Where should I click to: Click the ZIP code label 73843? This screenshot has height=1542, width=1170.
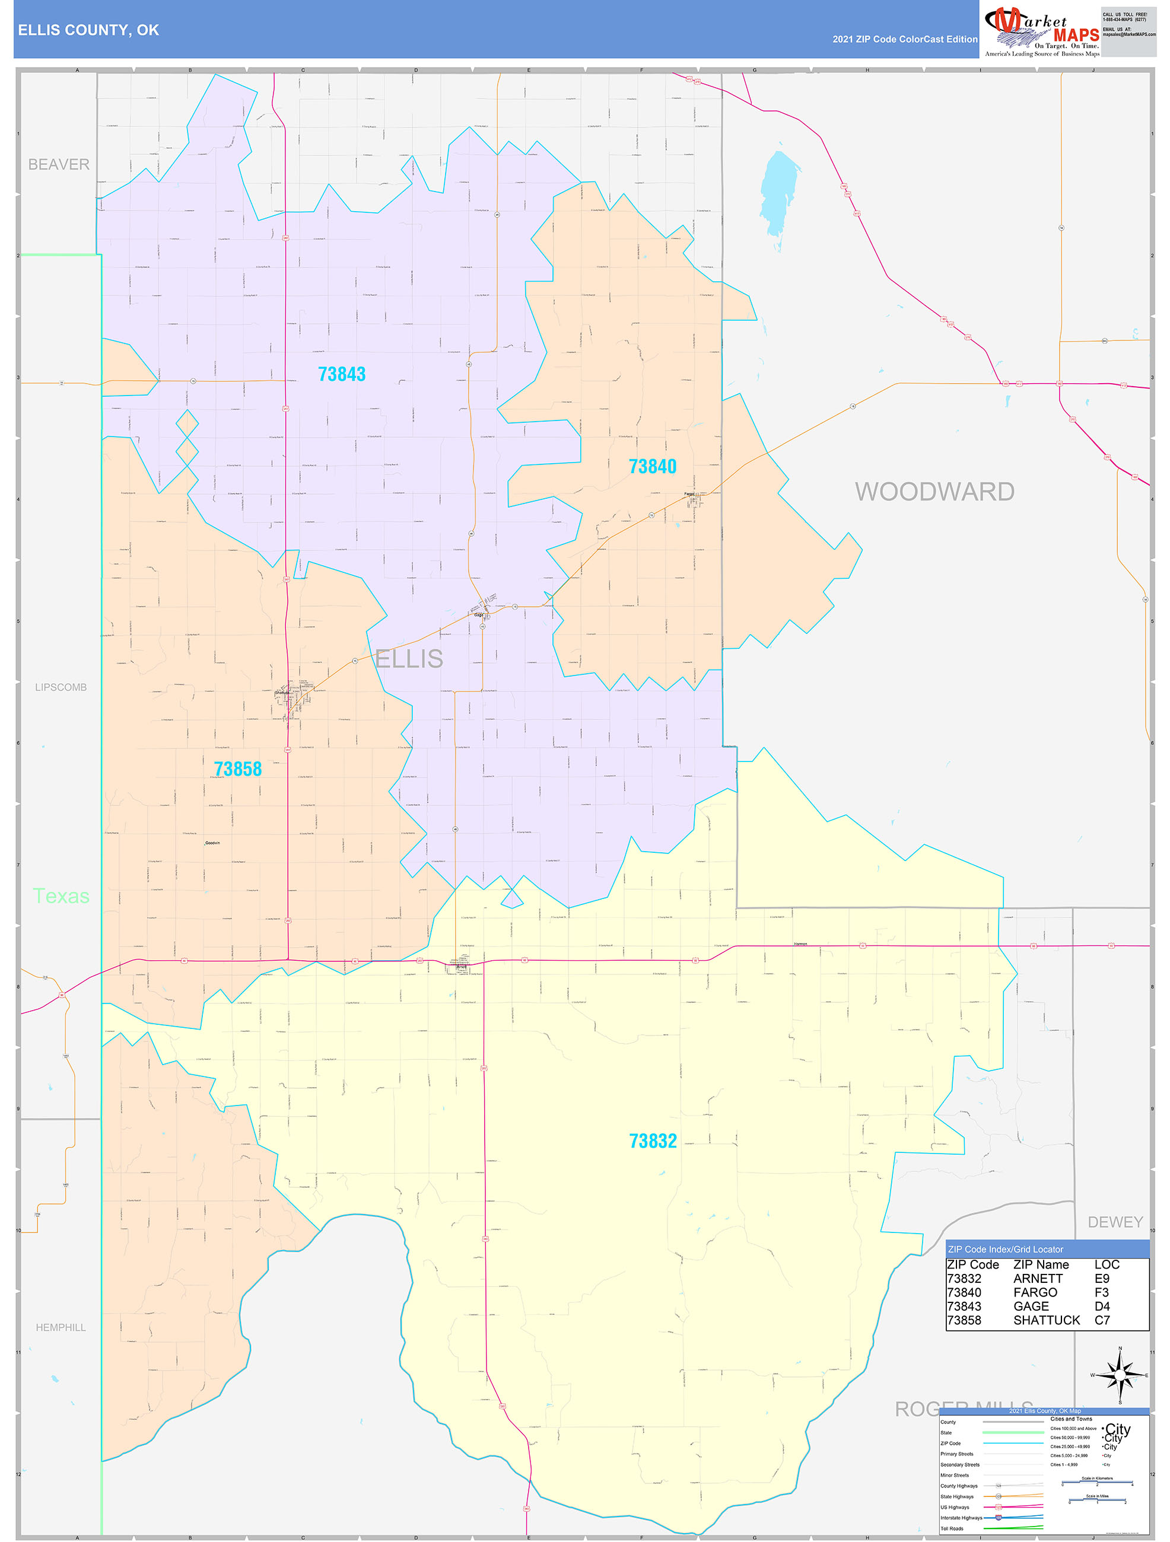point(342,374)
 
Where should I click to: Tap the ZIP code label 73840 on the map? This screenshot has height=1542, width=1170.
point(652,466)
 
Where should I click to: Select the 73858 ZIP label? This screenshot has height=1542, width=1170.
point(238,769)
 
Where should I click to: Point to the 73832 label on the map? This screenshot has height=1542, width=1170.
point(653,1140)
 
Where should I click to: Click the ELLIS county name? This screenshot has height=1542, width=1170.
point(409,658)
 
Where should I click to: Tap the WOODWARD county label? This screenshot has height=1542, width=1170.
point(934,492)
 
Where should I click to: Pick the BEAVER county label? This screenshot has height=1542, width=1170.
point(59,164)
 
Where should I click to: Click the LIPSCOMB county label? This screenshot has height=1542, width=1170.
point(61,687)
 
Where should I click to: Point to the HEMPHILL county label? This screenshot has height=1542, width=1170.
point(61,1327)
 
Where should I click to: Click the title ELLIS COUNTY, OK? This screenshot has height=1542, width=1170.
point(88,30)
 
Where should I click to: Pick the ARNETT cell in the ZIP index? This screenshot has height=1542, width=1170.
point(1038,1279)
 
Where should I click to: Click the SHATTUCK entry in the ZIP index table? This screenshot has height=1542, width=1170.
point(1046,1320)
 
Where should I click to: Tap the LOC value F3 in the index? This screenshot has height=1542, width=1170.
point(1101,1292)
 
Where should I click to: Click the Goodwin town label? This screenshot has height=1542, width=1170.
point(212,843)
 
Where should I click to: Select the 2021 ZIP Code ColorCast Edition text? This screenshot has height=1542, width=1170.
point(904,39)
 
